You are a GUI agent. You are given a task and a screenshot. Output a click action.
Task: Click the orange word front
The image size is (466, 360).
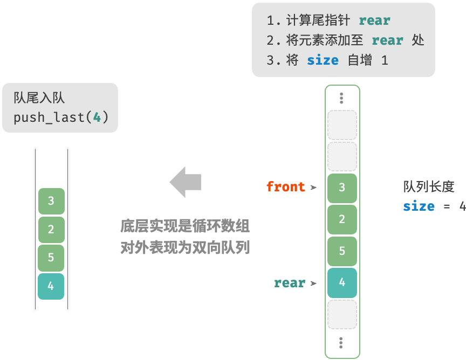pyautogui.click(x=286, y=186)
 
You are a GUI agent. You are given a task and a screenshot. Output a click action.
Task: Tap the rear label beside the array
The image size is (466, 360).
pyautogui.click(x=290, y=283)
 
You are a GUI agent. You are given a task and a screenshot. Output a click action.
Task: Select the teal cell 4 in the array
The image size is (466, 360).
pyautogui.click(x=342, y=283)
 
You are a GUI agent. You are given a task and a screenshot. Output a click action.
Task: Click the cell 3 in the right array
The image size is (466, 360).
pyautogui.click(x=342, y=188)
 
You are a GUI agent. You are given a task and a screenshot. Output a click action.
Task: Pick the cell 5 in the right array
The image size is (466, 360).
pyautogui.click(x=342, y=251)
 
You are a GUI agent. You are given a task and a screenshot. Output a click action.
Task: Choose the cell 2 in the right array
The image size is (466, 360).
pyautogui.click(x=342, y=219)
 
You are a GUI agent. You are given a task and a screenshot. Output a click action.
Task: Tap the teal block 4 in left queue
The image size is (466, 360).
pyautogui.click(x=51, y=286)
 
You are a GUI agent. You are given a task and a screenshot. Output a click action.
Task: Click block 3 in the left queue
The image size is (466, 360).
pyautogui.click(x=51, y=201)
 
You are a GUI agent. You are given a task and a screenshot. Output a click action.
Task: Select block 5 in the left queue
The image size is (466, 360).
pyautogui.click(x=51, y=258)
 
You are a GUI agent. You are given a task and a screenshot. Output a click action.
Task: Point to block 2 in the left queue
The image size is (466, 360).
pyautogui.click(x=51, y=230)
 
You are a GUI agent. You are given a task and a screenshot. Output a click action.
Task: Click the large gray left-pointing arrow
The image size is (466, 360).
pyautogui.click(x=186, y=182)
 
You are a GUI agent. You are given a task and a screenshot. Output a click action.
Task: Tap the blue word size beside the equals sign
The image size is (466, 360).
pyautogui.click(x=419, y=206)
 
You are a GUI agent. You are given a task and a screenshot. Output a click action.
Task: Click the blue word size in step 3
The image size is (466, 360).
pyautogui.click(x=323, y=60)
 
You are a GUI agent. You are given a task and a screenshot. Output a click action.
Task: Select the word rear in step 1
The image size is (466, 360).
pyautogui.click(x=374, y=20)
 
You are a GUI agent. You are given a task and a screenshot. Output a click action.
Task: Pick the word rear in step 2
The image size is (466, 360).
pyautogui.click(x=388, y=40)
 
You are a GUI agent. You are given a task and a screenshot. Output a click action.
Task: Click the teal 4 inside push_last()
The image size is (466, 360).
pyautogui.click(x=97, y=117)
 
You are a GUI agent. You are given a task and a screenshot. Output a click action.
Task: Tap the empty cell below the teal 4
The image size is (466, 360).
pyautogui.click(x=342, y=315)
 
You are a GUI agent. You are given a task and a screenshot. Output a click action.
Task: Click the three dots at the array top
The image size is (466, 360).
pyautogui.click(x=341, y=98)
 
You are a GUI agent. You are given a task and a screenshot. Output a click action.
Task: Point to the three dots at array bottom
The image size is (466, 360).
pyautogui.click(x=341, y=343)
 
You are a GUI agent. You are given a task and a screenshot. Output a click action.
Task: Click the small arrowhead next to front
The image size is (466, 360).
pyautogui.click(x=313, y=188)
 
